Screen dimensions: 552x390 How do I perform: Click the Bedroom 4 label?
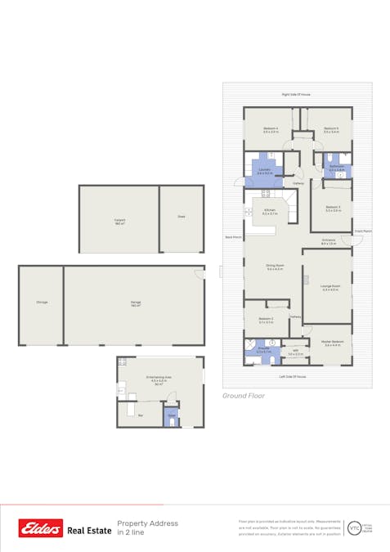point(271,128)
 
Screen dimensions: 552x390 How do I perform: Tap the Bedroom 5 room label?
point(330,128)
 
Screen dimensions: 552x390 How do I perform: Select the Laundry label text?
point(264,171)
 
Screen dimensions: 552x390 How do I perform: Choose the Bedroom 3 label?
point(332,208)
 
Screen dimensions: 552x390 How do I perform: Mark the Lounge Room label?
point(330,287)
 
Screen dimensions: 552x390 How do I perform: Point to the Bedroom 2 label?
point(266,319)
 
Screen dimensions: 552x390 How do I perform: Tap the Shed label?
point(181,218)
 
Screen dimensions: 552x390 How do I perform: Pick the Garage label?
point(135,303)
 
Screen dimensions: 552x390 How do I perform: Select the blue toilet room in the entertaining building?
point(172,417)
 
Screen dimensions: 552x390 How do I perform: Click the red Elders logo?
point(41,529)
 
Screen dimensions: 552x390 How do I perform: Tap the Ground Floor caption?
point(244,395)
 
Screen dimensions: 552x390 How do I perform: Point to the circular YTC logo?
point(353,528)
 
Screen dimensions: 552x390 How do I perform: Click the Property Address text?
point(147,523)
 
